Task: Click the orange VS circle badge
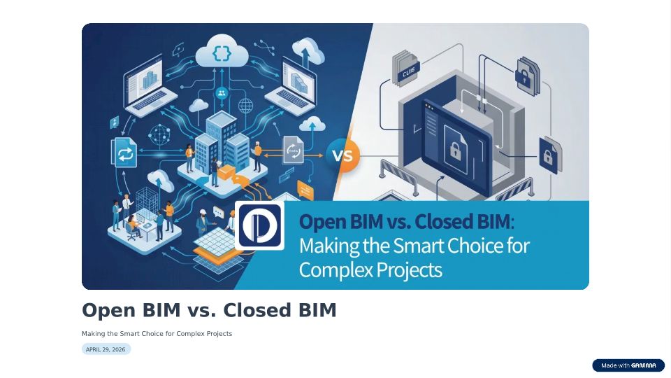(x=342, y=155)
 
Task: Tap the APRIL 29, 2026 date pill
(x=106, y=349)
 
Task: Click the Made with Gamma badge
(x=628, y=365)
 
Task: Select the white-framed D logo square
(x=259, y=225)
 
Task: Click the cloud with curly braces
(x=222, y=52)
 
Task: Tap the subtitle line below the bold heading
(x=157, y=333)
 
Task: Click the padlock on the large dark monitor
(x=454, y=150)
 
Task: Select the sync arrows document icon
(x=124, y=153)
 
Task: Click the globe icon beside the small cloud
(x=245, y=106)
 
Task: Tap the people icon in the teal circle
(x=222, y=92)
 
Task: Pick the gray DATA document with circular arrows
(x=293, y=150)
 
